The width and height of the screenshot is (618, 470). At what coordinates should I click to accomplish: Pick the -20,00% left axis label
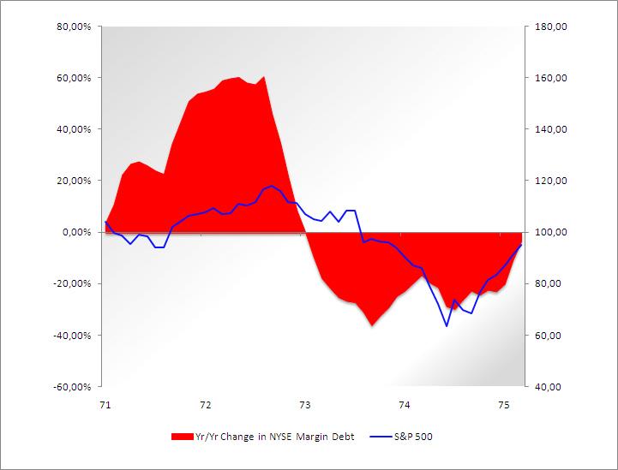(73, 283)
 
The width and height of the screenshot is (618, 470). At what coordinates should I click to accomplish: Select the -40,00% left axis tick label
(73, 335)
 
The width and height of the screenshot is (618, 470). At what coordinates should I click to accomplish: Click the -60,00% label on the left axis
(73, 386)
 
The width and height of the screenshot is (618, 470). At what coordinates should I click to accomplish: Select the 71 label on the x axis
(105, 404)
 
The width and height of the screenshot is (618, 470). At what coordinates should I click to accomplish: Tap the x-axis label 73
(304, 404)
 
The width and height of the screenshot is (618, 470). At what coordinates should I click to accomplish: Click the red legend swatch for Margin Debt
(182, 437)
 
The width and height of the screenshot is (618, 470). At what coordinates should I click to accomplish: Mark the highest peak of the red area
(264, 77)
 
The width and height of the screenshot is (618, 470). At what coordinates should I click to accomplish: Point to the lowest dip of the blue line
(447, 325)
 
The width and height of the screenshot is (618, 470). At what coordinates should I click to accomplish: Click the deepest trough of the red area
(372, 325)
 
